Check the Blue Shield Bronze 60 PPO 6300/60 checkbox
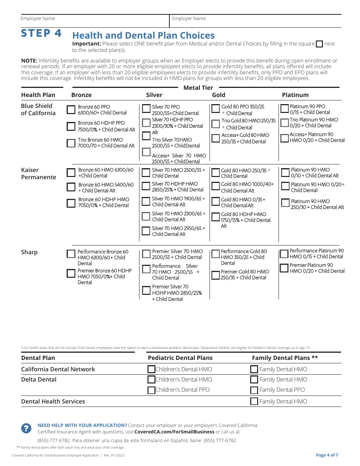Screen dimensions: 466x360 (71, 110)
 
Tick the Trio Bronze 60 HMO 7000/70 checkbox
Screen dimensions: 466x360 (71, 143)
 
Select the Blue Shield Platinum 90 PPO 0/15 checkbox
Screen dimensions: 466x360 (285, 109)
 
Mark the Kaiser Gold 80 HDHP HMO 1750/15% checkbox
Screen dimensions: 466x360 (216, 217)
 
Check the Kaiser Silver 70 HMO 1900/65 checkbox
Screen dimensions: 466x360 (146, 202)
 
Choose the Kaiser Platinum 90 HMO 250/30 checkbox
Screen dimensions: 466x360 (285, 203)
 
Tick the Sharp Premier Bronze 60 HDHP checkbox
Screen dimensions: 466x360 (71, 273)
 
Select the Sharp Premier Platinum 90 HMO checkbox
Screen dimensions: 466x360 (284, 268)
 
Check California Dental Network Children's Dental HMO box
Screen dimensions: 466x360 (151, 369)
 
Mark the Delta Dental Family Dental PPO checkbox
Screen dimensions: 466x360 (254, 390)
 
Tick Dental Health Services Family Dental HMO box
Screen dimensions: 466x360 (254, 402)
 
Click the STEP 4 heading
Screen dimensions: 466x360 (41, 33)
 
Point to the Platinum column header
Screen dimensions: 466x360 (295, 95)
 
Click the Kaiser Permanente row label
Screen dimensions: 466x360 (38, 174)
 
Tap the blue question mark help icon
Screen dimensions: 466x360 (26, 428)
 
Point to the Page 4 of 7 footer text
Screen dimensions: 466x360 (327, 455)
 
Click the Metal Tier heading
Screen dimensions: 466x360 (198, 88)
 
